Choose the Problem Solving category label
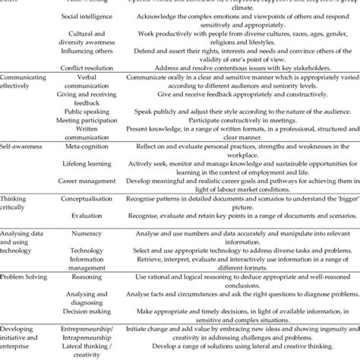(x=28, y=279)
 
